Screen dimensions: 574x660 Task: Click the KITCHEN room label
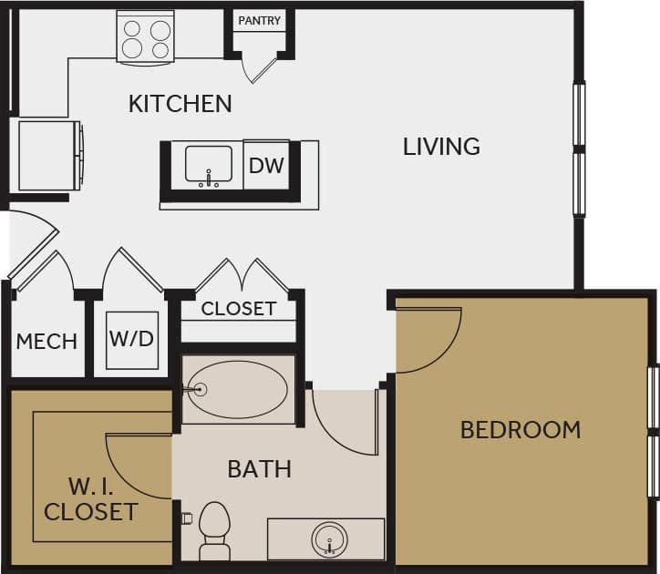[180, 103]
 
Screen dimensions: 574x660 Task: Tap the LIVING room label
[441, 146]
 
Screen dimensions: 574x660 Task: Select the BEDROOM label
[520, 429]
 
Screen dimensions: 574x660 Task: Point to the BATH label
[259, 469]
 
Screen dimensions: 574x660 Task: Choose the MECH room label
[46, 342]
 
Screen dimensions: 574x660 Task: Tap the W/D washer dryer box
[132, 340]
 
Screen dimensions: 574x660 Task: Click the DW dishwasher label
[267, 166]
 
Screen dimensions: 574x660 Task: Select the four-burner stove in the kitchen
[145, 37]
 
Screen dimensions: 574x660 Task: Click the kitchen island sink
[209, 165]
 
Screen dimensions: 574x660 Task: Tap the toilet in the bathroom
[215, 530]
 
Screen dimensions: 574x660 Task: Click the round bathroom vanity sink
[330, 539]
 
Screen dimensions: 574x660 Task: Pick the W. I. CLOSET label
[90, 498]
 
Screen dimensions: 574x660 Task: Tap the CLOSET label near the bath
[239, 308]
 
